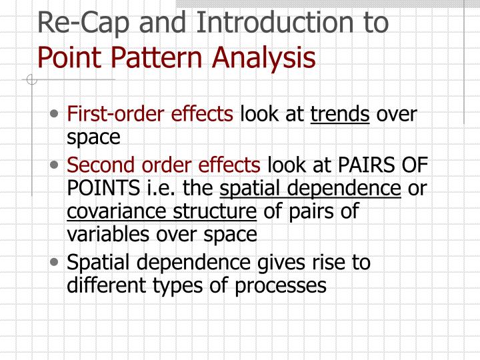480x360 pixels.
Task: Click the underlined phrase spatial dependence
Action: [311, 189]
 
